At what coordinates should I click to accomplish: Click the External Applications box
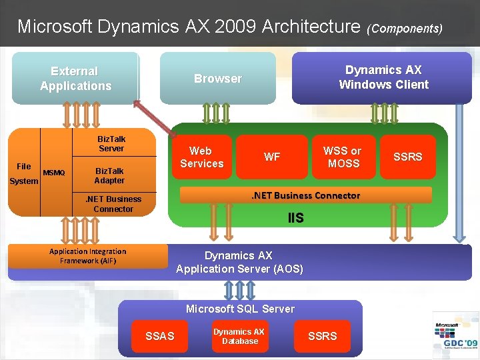75,78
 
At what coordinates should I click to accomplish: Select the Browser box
217,78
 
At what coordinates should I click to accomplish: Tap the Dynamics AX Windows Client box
383,77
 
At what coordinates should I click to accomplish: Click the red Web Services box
202,157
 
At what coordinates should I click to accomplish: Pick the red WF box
272,157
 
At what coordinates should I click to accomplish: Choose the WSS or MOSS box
343,157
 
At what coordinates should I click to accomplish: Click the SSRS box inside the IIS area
407,157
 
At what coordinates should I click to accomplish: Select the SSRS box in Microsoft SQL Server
323,336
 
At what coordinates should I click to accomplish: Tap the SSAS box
160,336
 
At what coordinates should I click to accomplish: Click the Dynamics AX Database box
239,336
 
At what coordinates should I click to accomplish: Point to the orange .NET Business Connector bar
306,195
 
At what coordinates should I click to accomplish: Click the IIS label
296,218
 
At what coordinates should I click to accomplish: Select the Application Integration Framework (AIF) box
88,256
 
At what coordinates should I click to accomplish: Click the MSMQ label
54,173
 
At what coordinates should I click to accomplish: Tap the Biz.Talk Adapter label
109,175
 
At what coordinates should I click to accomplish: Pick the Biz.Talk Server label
112,144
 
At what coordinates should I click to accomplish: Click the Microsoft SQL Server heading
240,309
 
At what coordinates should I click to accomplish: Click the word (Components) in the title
405,29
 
